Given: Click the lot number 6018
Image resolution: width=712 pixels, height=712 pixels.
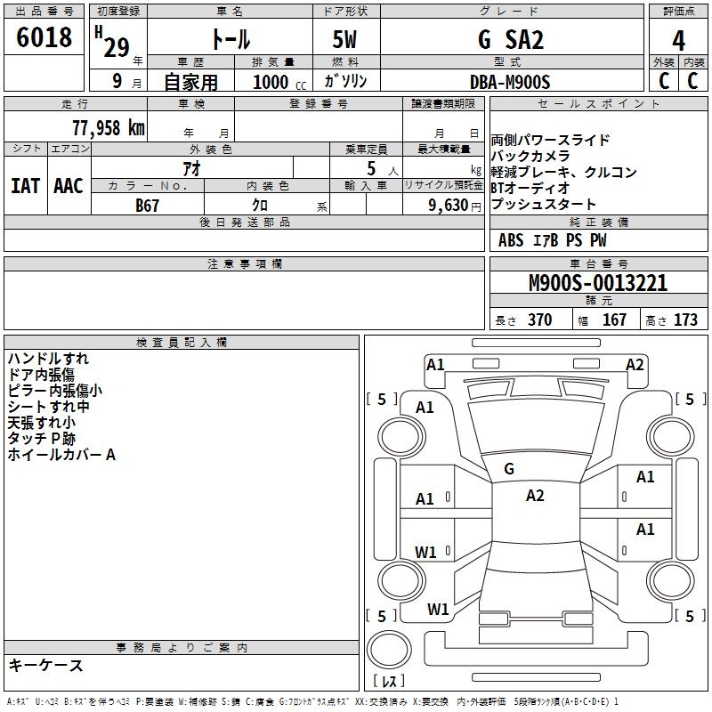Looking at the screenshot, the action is (44, 38).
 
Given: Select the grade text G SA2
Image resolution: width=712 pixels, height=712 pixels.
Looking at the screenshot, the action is (510, 40).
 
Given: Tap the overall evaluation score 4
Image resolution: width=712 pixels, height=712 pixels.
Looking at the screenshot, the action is (678, 40).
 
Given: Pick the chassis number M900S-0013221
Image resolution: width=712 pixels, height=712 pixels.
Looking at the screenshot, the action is (597, 283).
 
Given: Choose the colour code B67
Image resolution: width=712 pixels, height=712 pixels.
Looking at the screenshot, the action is (148, 205).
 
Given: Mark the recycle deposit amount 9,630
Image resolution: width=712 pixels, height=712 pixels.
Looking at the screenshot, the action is (449, 205).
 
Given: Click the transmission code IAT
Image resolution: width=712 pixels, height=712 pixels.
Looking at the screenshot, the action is (25, 185).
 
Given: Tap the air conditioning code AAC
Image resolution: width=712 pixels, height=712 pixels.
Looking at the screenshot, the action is (69, 185).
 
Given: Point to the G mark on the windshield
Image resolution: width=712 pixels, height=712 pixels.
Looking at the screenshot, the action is (508, 469).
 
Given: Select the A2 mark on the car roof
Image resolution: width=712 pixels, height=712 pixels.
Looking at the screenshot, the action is (534, 496).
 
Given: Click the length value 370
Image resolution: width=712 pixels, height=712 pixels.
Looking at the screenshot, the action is (539, 320).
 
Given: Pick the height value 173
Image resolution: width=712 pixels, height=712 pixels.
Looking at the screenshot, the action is (685, 320).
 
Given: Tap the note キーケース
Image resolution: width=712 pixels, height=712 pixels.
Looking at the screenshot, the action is (45, 666).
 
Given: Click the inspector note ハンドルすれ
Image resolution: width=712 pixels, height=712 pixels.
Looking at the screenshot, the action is (48, 359).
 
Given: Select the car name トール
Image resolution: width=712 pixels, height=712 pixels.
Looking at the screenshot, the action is (230, 40).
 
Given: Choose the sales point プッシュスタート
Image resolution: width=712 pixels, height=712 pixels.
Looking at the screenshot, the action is (544, 205).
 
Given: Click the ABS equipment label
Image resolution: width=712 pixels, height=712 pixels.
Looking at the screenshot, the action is (511, 240).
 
